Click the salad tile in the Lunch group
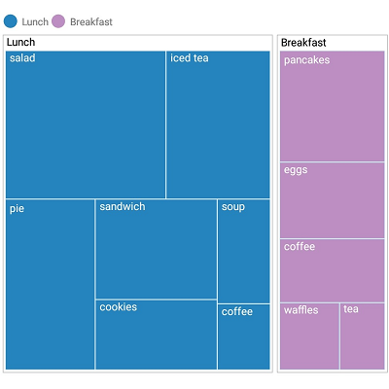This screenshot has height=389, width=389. tap(86, 124)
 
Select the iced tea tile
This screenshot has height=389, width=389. tap(218, 124)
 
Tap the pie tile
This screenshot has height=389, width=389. tap(51, 284)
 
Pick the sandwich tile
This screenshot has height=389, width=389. tap(156, 249)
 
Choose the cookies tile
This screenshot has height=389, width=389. tap(156, 335)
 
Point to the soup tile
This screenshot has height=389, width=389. tap(243, 251)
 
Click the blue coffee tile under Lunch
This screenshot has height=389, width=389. tap(243, 336)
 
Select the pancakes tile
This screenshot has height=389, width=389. tap(332, 106)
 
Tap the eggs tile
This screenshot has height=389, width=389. tap(332, 199)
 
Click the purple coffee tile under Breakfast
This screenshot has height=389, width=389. tap(332, 270)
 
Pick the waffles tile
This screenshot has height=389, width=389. tap(309, 336)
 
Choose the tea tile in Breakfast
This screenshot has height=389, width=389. tap(362, 336)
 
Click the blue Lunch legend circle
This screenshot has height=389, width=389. tap(11, 20)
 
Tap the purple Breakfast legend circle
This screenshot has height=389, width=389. tap(58, 20)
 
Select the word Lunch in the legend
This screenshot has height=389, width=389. tap(34, 20)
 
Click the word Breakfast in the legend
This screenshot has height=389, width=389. tap(91, 20)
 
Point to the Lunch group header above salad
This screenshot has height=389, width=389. tap(20, 43)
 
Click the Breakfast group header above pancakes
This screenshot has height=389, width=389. tap(303, 43)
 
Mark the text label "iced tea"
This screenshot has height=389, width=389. tap(190, 58)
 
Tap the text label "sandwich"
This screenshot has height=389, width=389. tap(122, 206)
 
